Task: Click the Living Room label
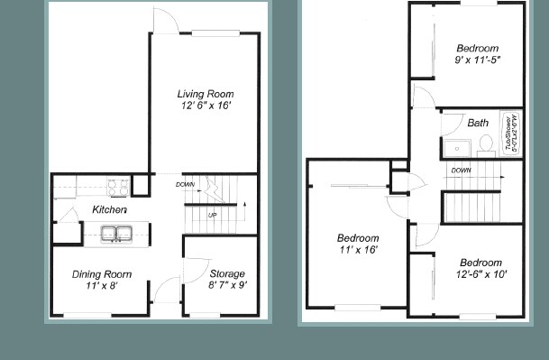(x=205, y=93)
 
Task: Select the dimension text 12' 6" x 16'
(x=205, y=106)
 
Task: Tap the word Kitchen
(x=109, y=210)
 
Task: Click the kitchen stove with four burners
(x=118, y=188)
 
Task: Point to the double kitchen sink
(x=114, y=234)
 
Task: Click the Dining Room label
(x=102, y=274)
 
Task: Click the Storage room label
(x=226, y=274)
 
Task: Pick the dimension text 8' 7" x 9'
(x=226, y=286)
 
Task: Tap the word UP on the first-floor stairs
(x=211, y=216)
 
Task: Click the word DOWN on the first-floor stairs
(x=185, y=184)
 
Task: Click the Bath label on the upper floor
(x=478, y=122)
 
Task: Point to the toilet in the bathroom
(x=484, y=143)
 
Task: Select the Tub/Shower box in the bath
(x=512, y=135)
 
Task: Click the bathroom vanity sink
(x=455, y=147)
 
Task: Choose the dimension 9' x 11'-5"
(x=477, y=60)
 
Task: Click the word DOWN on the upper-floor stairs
(x=460, y=171)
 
